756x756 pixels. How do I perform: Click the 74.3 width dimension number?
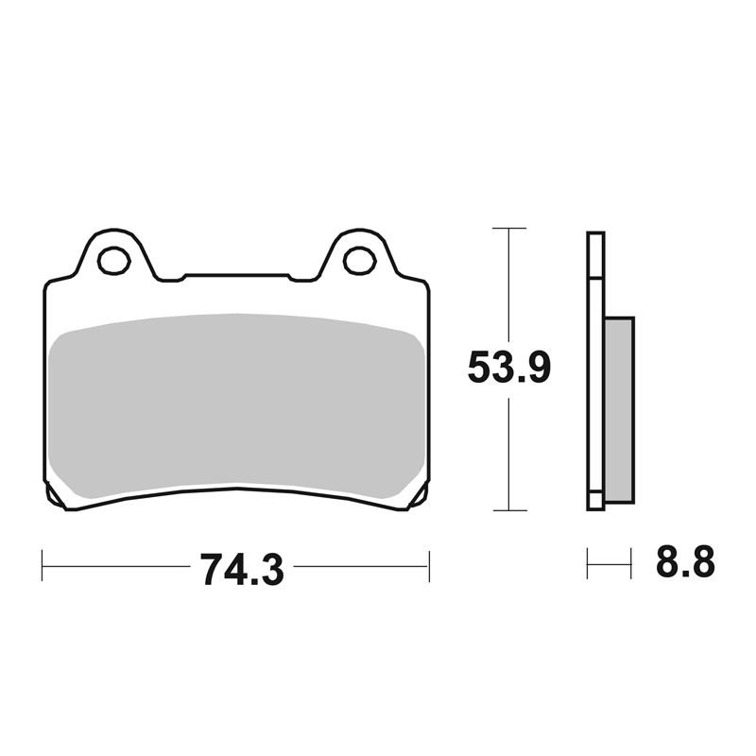tap(242, 570)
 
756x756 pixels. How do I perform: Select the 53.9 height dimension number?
tap(508, 368)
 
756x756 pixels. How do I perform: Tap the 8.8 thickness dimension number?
tap(684, 561)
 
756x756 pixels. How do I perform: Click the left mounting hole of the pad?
tap(113, 261)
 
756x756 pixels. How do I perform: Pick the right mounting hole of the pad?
tap(360, 261)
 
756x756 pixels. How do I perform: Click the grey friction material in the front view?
tap(236, 406)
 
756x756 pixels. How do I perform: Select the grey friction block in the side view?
tap(619, 410)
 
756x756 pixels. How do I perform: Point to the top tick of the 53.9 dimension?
tap(509, 228)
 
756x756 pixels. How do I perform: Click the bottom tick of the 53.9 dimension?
tap(509, 510)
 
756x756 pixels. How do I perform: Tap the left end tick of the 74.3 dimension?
tap(43, 565)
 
